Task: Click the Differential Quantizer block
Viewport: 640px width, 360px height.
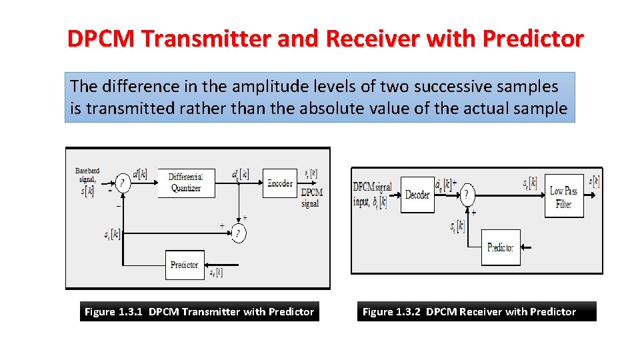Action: coord(185,183)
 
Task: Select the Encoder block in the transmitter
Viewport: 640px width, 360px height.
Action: coord(279,183)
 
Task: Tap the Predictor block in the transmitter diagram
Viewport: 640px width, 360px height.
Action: coord(185,265)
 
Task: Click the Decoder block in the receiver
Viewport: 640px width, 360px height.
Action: coord(417,195)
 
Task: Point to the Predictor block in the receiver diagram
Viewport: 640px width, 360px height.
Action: coord(500,247)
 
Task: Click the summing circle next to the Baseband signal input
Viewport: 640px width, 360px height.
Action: coord(123,183)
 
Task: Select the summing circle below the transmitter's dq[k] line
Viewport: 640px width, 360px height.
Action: coord(238,234)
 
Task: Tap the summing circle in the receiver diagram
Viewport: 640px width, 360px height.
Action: coord(469,195)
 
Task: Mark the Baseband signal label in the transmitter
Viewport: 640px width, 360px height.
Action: coord(87,175)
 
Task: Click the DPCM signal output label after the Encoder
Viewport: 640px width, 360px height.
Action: coord(311,197)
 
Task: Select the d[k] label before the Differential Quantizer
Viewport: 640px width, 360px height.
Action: coord(140,175)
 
